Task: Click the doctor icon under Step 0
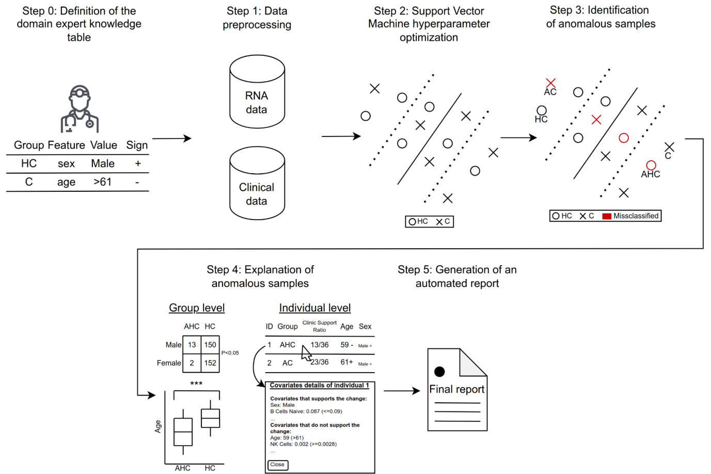80,109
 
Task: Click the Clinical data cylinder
257,184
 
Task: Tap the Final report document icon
457,390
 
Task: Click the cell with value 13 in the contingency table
192,345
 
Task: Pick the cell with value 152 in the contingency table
210,363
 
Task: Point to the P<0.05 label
230,353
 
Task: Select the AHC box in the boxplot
183,432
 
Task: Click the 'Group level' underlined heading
197,308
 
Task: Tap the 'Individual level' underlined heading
314,308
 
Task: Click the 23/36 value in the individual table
320,362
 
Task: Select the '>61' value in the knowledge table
102,182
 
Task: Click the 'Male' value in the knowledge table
103,164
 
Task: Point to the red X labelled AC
550,83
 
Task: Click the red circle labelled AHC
651,165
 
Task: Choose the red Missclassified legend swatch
607,216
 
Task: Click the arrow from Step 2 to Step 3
518,137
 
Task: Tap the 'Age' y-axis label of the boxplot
158,426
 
